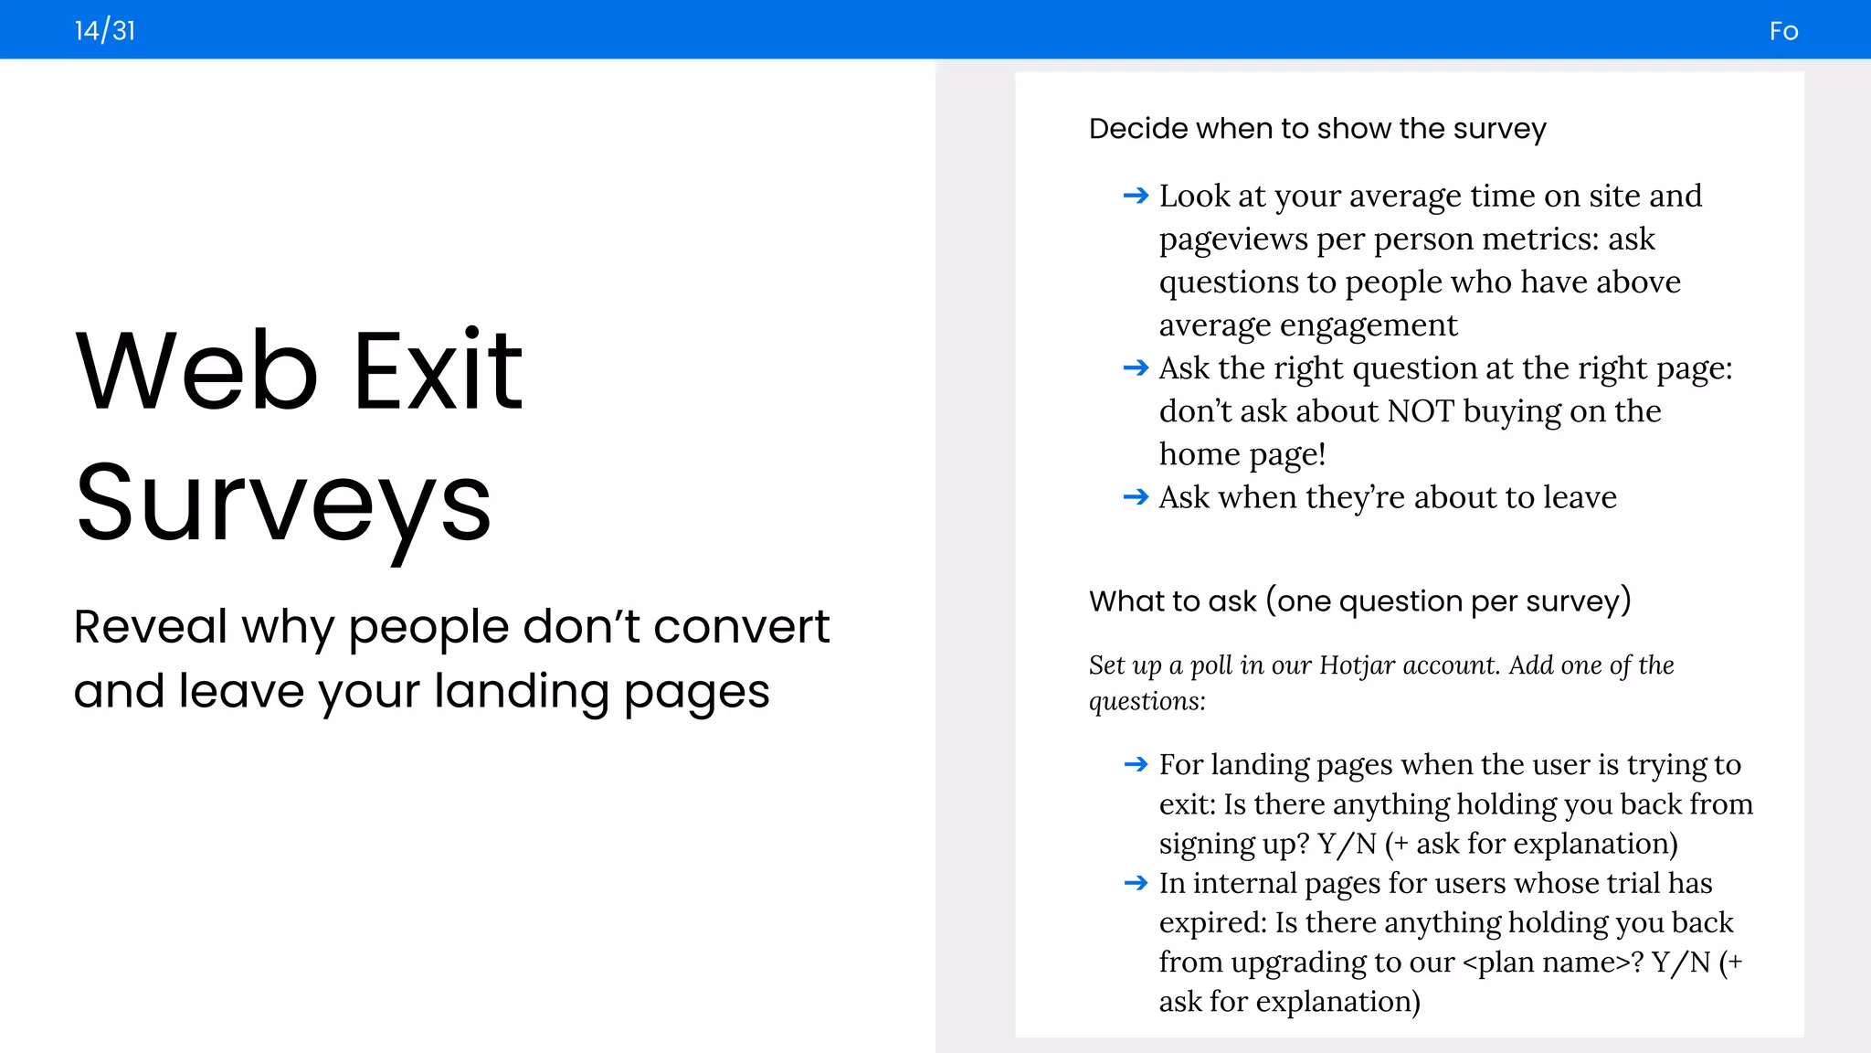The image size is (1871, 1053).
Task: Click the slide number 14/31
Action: [x=105, y=31]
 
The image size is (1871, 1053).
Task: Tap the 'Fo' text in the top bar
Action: [x=1783, y=32]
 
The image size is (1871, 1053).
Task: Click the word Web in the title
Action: [x=196, y=371]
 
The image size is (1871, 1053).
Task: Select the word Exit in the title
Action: [x=438, y=371]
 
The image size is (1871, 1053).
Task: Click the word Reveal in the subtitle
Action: [x=150, y=627]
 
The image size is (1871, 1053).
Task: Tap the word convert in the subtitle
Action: [x=741, y=627]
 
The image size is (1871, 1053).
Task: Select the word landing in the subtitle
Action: [x=521, y=691]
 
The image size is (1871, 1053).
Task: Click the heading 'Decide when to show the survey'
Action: [x=1317, y=129]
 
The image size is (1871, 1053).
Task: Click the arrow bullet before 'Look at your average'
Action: [x=1136, y=196]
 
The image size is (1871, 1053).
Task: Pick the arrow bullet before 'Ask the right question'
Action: [x=1136, y=368]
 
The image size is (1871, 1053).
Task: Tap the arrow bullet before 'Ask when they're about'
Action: [x=1136, y=497]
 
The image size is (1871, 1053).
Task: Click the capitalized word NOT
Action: [x=1421, y=411]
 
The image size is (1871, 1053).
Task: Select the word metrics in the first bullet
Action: [x=1540, y=239]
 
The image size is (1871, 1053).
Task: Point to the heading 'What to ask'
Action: [x=1359, y=601]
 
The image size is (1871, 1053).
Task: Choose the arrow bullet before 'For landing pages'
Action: [x=1136, y=764]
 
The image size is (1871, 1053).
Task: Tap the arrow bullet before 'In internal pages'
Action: [x=1136, y=883]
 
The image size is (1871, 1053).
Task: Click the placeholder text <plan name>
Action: [x=1552, y=963]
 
